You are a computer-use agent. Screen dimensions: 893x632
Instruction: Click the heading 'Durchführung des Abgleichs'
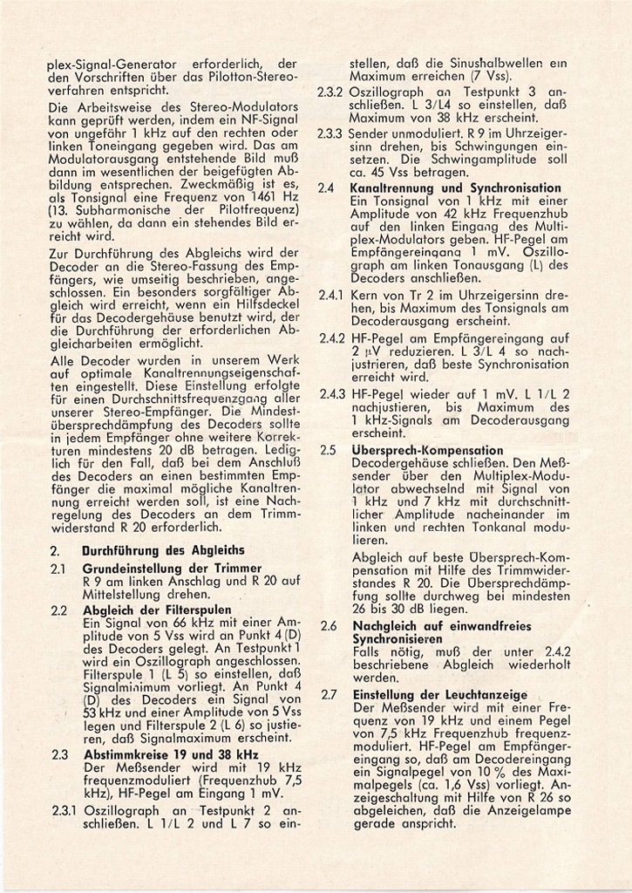[163, 550]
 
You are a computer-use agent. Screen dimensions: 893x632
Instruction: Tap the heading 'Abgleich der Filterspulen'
[158, 610]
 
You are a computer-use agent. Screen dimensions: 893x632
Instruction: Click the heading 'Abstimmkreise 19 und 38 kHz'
[171, 754]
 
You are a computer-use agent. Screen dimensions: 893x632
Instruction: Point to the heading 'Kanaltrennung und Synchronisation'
[455, 187]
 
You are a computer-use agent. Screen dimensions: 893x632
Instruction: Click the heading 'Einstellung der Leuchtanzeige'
[440, 694]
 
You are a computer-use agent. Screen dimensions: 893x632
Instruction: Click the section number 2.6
[328, 626]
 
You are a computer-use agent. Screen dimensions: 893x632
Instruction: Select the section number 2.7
[328, 694]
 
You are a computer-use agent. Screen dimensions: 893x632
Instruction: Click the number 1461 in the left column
[262, 197]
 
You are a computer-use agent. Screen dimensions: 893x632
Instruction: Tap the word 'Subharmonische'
[107, 210]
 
